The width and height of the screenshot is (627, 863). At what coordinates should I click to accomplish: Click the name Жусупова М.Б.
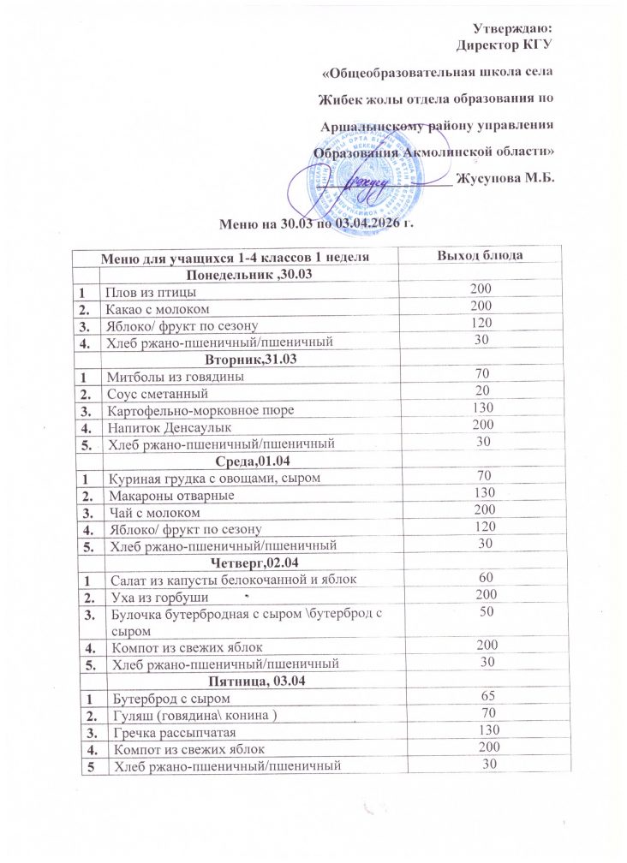pos(506,178)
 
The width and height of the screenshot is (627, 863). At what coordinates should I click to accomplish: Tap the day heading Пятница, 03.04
pos(248,681)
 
